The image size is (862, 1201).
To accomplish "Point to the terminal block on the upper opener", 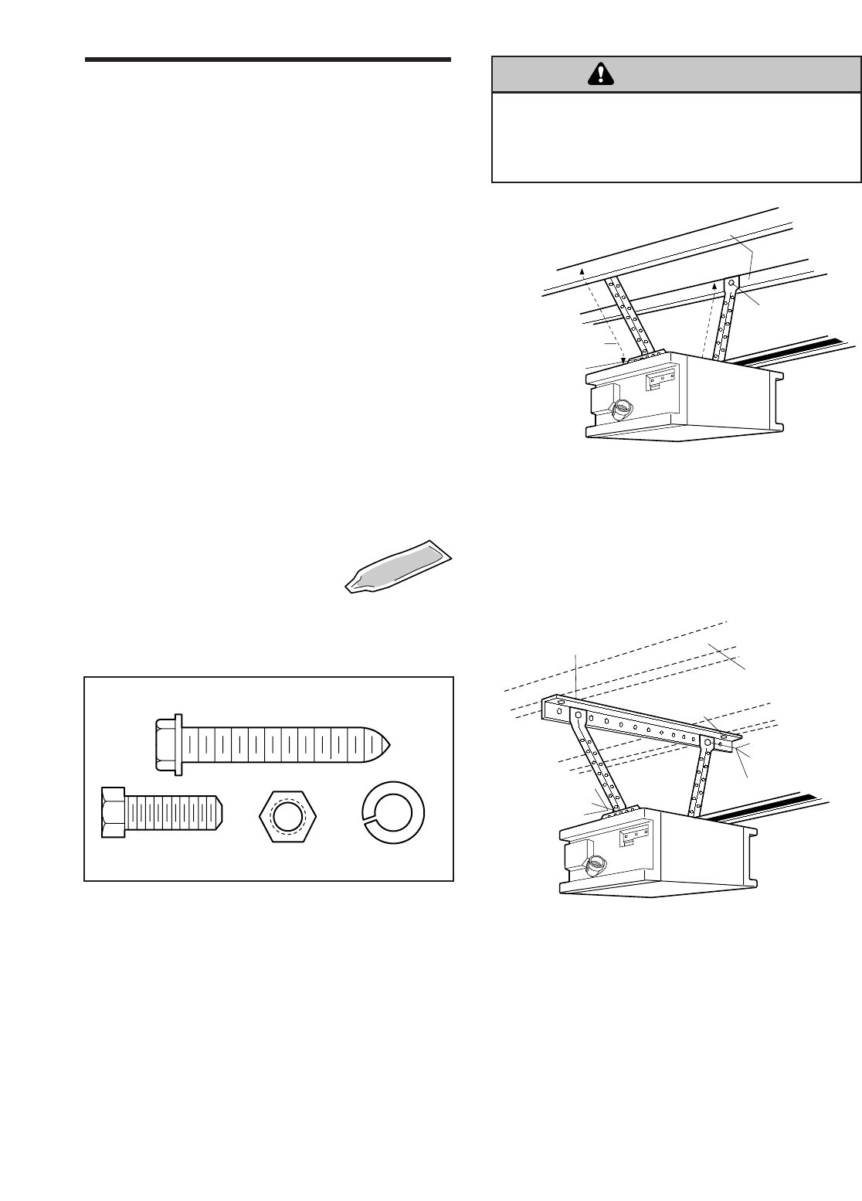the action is [661, 379].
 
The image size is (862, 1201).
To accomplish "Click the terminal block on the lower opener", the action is [634, 835].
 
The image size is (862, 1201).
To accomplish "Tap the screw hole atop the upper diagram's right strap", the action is [731, 284].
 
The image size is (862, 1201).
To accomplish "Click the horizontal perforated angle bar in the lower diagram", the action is [641, 724].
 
